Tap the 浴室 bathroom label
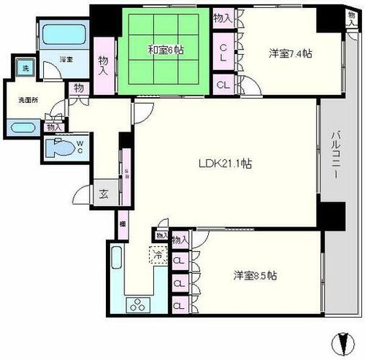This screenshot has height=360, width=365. (x=66, y=60)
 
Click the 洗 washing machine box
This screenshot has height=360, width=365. (x=24, y=68)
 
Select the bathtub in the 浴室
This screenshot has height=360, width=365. (x=64, y=34)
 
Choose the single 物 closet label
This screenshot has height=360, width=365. (x=78, y=88)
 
